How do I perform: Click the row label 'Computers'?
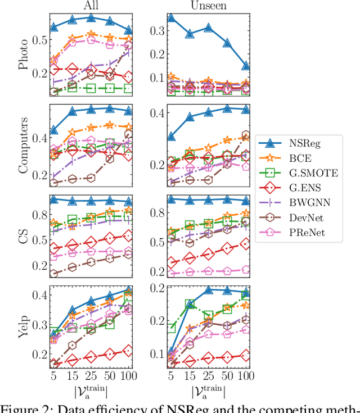(x=24, y=144)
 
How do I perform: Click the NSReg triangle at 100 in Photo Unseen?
(x=245, y=66)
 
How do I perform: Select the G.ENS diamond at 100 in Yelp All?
(x=128, y=351)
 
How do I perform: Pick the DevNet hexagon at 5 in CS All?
(x=54, y=274)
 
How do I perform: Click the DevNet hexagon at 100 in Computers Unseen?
(x=245, y=136)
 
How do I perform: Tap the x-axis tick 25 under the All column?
(x=91, y=374)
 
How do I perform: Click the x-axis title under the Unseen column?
(x=209, y=391)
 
